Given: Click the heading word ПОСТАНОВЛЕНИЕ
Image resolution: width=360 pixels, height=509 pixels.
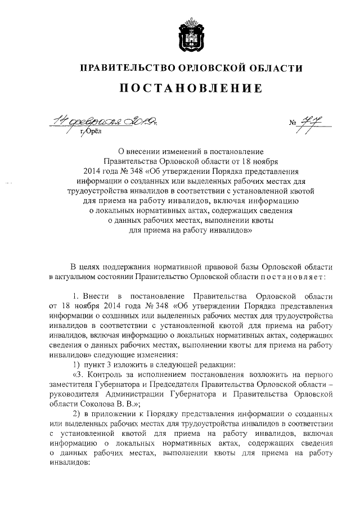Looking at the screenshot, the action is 191,88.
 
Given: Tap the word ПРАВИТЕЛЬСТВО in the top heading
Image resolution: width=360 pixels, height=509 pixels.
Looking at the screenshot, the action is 126,68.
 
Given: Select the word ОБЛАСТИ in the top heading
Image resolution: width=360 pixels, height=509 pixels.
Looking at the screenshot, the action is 274,68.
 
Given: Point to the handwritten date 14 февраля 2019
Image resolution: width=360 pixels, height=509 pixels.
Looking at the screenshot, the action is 105,120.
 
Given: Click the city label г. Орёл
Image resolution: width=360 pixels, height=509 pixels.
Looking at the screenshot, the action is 90,132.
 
